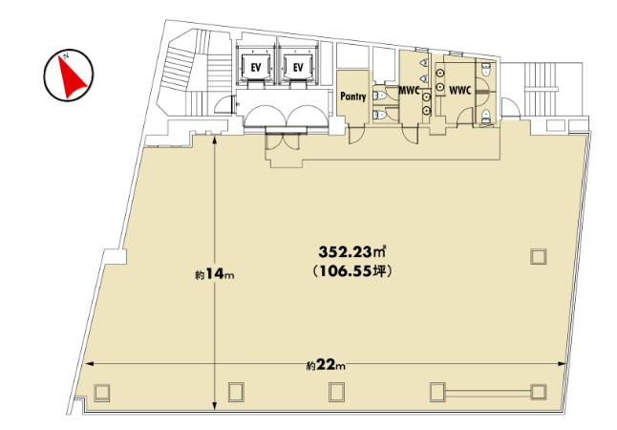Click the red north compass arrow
(71, 77)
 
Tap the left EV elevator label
(256, 67)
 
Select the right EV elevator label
(298, 67)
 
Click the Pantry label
(353, 97)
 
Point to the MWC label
(409, 90)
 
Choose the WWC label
(460, 91)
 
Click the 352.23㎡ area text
(351, 251)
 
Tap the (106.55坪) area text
(351, 271)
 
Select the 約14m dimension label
(215, 274)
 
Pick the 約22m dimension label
(327, 365)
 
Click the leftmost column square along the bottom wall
(101, 392)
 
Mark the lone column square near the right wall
(539, 257)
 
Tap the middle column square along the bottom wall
(336, 392)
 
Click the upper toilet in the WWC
(487, 70)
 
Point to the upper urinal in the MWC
(424, 63)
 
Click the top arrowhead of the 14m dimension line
(215, 140)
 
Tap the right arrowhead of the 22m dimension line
(564, 364)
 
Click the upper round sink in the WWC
(440, 74)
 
